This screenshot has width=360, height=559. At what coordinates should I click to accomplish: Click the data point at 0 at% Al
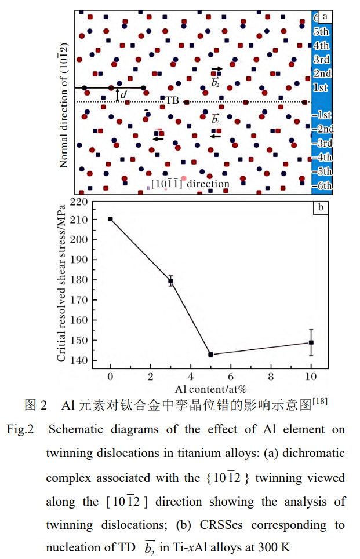110,219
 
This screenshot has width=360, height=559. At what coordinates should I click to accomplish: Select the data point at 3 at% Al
170,280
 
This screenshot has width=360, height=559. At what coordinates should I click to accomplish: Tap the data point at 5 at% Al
210,354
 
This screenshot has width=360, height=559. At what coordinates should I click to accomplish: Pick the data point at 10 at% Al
311,342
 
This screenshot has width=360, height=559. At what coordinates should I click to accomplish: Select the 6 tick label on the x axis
231,377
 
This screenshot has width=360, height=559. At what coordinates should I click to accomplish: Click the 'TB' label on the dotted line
172,100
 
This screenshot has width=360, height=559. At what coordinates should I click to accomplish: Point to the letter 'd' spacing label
123,94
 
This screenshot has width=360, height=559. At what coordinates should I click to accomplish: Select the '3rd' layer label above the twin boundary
321,60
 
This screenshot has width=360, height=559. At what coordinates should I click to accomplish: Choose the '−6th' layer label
321,185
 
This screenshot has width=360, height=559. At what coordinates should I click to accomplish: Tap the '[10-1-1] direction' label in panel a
190,184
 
